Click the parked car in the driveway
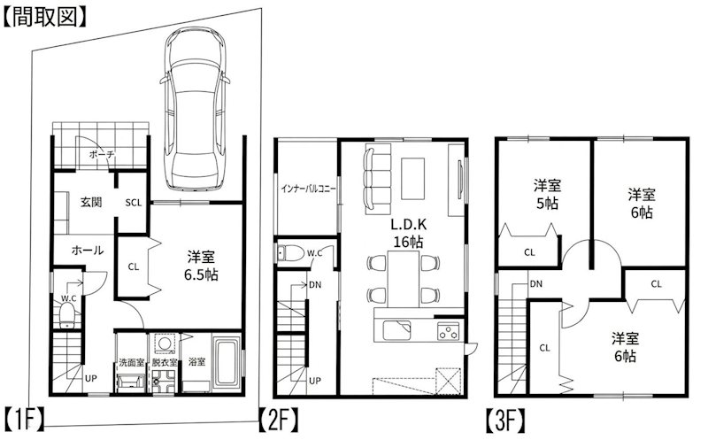click(195, 108)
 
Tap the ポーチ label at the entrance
click(102, 155)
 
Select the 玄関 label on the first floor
click(91, 202)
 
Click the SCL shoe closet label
click(134, 203)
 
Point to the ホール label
click(88, 250)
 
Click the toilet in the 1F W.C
click(67, 315)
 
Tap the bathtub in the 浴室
click(227, 362)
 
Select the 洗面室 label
click(131, 362)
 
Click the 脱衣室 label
click(165, 362)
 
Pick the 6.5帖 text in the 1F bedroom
click(201, 274)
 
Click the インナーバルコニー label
click(308, 189)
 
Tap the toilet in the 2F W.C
click(291, 253)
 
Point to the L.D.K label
click(408, 225)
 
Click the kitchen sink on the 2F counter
click(396, 330)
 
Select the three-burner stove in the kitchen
click(448, 331)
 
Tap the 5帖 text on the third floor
click(547, 204)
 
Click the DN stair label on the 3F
click(536, 284)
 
